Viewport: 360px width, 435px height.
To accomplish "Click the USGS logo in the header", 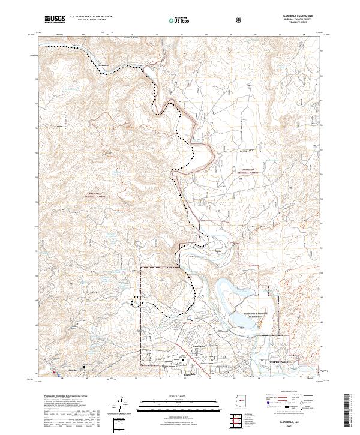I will click(54, 19).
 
